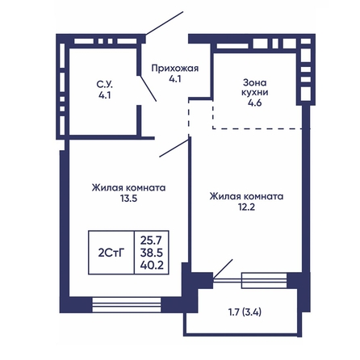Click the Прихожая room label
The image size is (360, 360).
tap(175, 69)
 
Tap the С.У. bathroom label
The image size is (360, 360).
tap(105, 85)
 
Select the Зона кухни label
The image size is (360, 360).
tap(255, 87)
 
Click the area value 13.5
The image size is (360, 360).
tap(129, 199)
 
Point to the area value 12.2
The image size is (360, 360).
tap(246, 207)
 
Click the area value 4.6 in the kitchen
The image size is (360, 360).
tap(255, 103)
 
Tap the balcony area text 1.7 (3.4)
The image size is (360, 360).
tap(245, 312)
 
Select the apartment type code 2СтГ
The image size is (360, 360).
tap(111, 253)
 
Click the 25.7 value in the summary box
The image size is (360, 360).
tap(152, 240)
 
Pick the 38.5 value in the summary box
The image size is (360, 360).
tap(152, 253)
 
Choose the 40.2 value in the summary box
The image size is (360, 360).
tap(152, 266)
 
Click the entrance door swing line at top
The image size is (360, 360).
tap(165, 23)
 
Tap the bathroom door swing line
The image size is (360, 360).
tap(148, 88)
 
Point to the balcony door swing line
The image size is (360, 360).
tap(223, 269)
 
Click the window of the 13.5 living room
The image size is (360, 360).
tap(127, 305)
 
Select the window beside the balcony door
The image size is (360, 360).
tap(264, 281)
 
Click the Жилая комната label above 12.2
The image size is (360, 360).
tap(246, 196)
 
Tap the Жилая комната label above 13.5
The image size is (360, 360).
tap(129, 187)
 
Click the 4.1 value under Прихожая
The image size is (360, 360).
tap(175, 79)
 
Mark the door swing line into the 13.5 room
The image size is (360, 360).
tap(174, 149)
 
